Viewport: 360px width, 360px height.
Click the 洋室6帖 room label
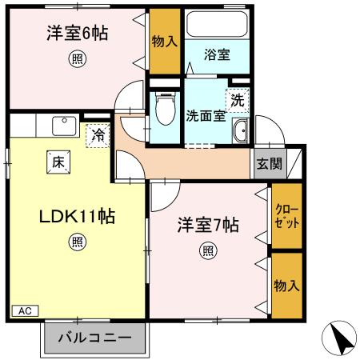pos(78,34)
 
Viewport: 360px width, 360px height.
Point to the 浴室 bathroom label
pos(217,54)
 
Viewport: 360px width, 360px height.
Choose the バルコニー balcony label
pos(94,338)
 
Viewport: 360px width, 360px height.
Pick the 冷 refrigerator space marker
pos(97,136)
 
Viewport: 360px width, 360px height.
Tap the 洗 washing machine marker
pos(237,100)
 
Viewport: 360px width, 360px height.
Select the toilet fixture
pos(166,108)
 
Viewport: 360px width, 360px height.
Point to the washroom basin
pos(238,131)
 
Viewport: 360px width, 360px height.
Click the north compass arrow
pos(342,339)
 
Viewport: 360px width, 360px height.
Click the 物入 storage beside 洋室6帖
pos(165,39)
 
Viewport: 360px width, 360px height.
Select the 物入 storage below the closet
pos(286,285)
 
